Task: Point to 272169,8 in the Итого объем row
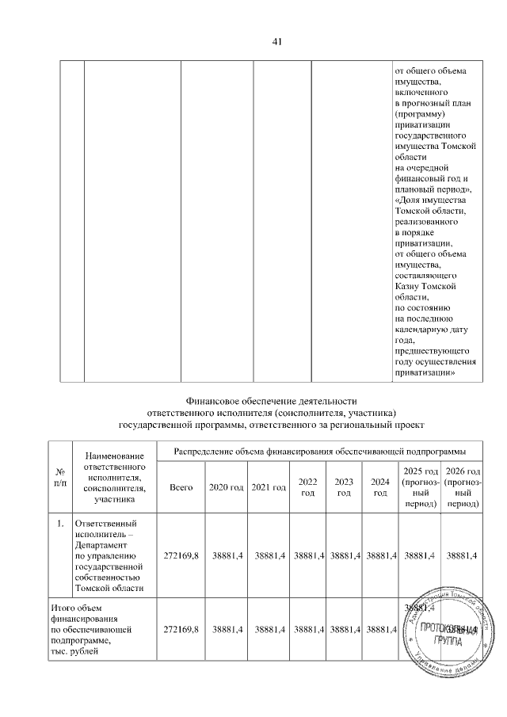[x=181, y=629]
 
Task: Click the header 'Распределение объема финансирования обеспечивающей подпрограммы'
[x=318, y=451]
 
